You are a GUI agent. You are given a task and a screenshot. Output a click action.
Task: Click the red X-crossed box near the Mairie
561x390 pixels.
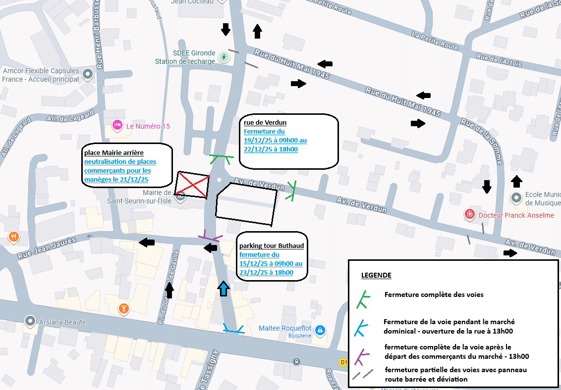coord(192,185)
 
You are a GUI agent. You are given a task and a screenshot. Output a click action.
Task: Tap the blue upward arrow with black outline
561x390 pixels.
coord(224,289)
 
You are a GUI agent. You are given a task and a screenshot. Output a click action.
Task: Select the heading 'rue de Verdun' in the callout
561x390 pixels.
coord(265,123)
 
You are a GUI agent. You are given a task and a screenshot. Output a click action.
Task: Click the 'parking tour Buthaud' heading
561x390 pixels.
coord(272,246)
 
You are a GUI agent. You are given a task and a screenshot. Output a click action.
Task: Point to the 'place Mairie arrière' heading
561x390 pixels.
coord(113,153)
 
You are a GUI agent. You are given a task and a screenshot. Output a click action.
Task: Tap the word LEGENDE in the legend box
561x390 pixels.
coord(376,276)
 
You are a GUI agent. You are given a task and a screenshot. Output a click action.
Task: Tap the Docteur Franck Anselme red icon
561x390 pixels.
coord(469,214)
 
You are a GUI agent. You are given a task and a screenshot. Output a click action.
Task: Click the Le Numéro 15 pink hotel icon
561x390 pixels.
coord(117,125)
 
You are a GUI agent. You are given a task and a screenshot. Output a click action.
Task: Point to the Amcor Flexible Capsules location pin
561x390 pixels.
coord(88,75)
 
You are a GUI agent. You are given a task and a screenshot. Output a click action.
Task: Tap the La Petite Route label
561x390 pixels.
coord(435,41)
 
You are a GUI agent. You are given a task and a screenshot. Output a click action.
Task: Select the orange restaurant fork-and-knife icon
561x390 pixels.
coord(13,237)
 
